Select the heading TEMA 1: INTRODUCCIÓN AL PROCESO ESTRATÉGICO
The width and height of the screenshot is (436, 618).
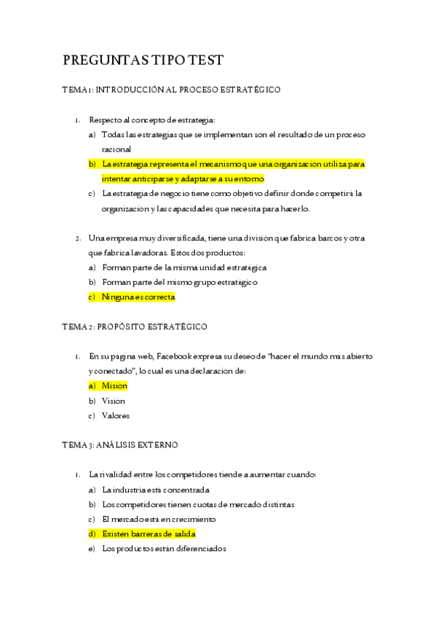(x=171, y=90)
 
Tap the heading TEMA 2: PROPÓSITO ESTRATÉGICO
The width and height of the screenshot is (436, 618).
(x=135, y=326)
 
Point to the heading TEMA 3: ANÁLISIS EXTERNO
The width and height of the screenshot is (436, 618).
(x=120, y=445)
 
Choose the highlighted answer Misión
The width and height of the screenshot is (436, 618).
(x=114, y=386)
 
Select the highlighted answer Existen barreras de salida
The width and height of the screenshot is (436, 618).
(x=148, y=534)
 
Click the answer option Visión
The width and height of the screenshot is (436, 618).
(x=114, y=401)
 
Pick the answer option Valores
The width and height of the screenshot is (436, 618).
(x=116, y=415)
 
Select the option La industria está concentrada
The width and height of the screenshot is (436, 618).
(x=156, y=490)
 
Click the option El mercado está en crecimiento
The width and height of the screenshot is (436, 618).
(x=159, y=519)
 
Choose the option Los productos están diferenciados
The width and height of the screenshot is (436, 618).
(x=164, y=549)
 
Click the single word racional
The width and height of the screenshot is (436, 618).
(x=116, y=149)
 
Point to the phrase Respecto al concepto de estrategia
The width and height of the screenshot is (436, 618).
(x=152, y=120)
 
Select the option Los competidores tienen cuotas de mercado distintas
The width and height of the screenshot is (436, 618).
(x=198, y=504)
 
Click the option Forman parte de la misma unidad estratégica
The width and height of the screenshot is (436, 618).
(x=184, y=267)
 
